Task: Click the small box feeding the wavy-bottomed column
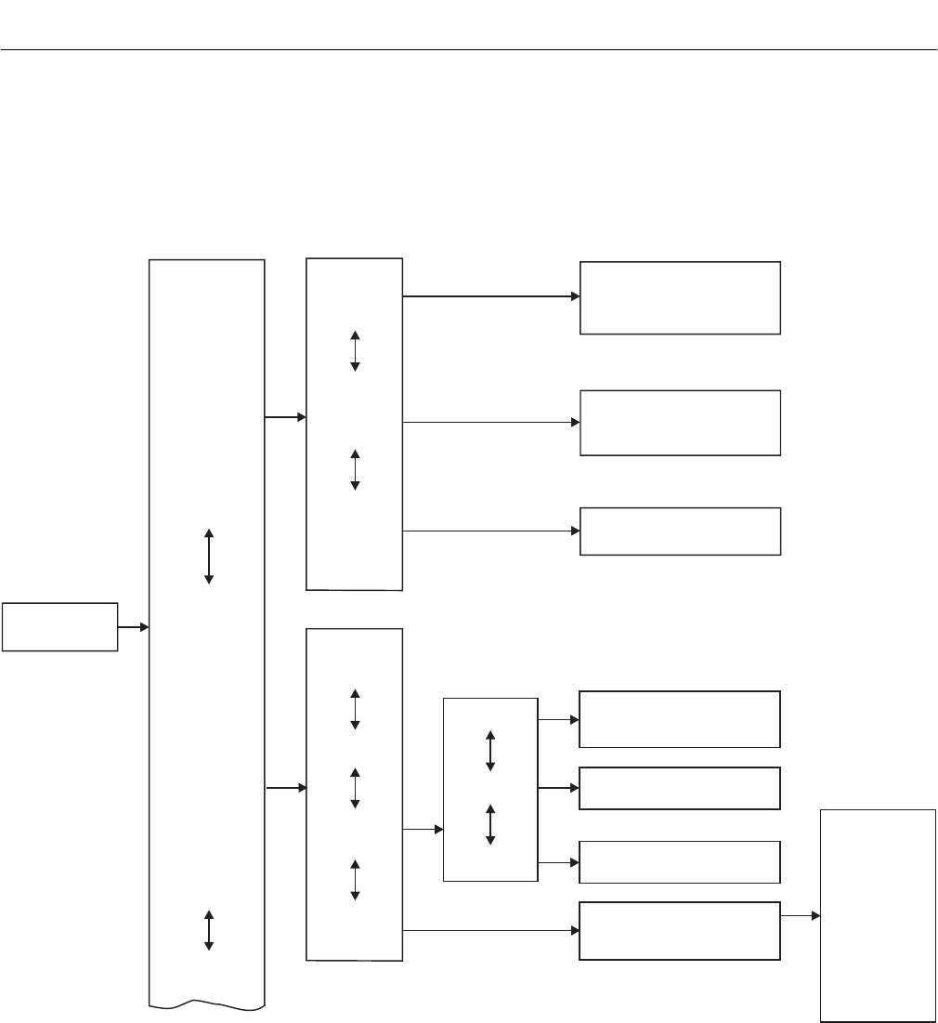[x=59, y=627]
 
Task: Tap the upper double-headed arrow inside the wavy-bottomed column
[x=209, y=557]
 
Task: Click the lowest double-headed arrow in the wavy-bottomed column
[x=209, y=930]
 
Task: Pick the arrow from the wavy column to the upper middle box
[x=286, y=417]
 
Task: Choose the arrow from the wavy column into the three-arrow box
[x=286, y=789]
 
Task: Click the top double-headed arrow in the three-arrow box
[x=355, y=710]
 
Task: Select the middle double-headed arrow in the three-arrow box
[x=355, y=789]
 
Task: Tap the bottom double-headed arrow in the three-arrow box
[x=355, y=880]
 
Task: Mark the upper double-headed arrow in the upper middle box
[x=355, y=351]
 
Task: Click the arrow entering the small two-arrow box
[x=423, y=828]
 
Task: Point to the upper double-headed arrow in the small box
[x=490, y=751]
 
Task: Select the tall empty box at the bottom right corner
[x=878, y=915]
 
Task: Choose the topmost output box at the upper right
[x=680, y=297]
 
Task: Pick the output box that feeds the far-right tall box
[x=679, y=930]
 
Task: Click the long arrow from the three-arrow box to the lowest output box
[x=490, y=930]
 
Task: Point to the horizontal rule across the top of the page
[x=469, y=49]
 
